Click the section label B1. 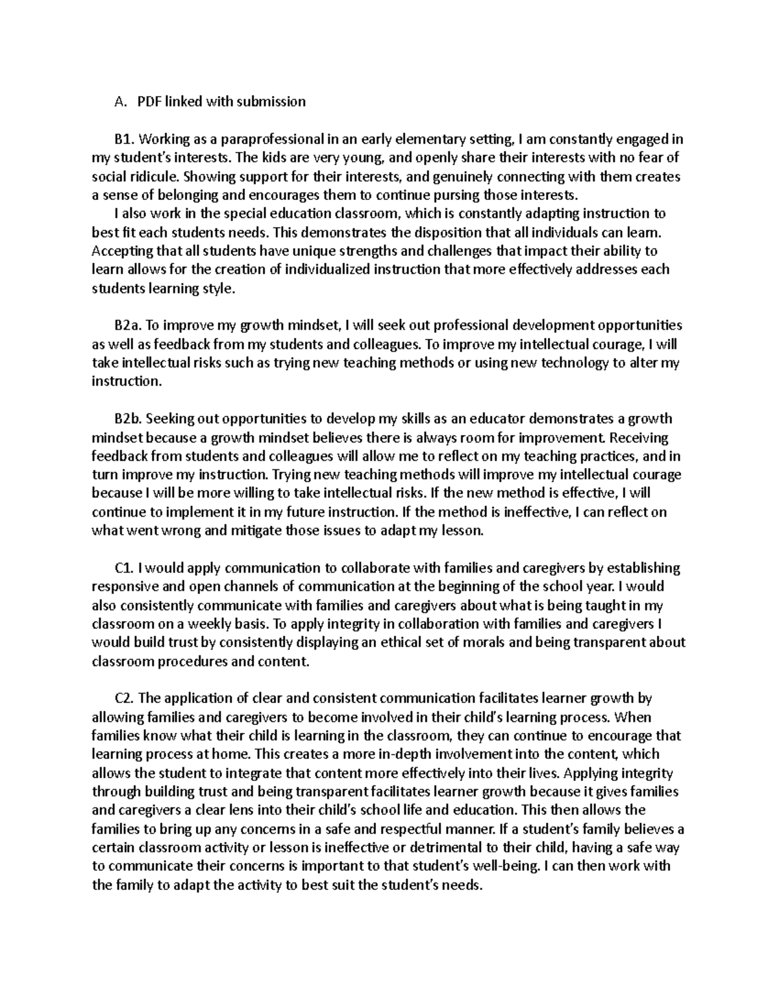point(123,139)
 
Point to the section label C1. point(123,569)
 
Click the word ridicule point(157,177)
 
